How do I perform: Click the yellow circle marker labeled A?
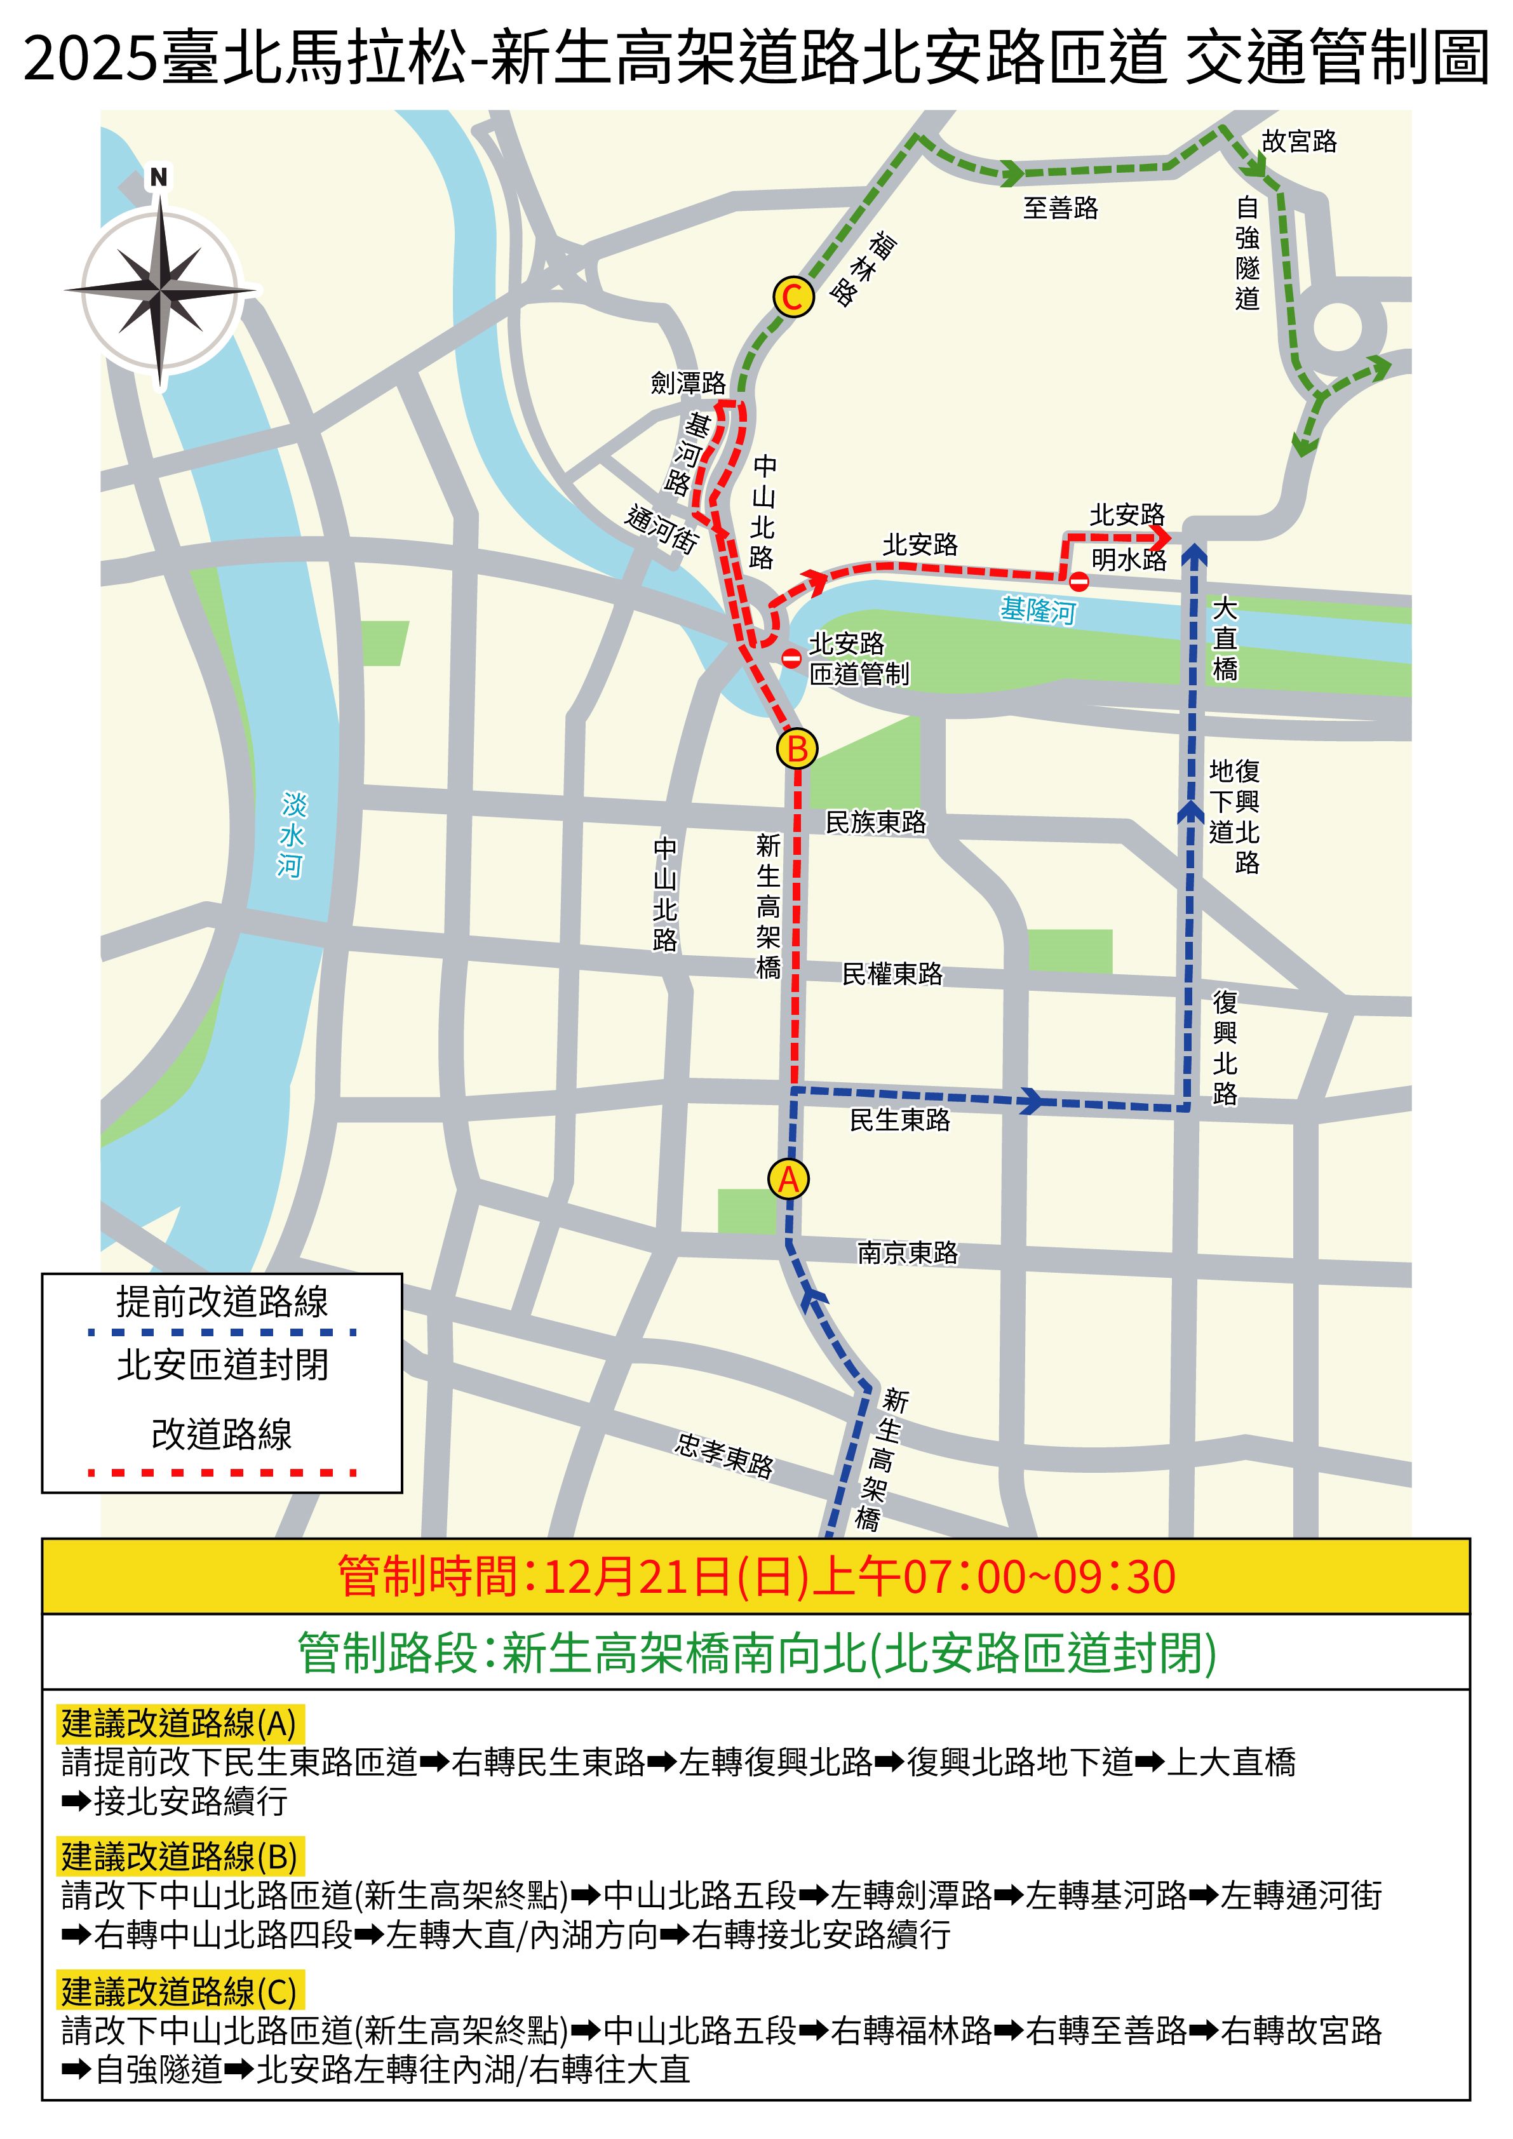788,1179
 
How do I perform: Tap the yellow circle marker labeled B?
797,749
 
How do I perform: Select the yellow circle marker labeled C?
793,297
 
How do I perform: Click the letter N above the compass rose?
159,177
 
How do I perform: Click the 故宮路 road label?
1299,142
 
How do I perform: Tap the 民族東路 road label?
876,822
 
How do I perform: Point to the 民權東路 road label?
892,974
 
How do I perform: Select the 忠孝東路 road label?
724,1455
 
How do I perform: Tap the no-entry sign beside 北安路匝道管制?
791,659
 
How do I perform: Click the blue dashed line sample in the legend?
222,1332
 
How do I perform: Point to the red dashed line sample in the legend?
222,1473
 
